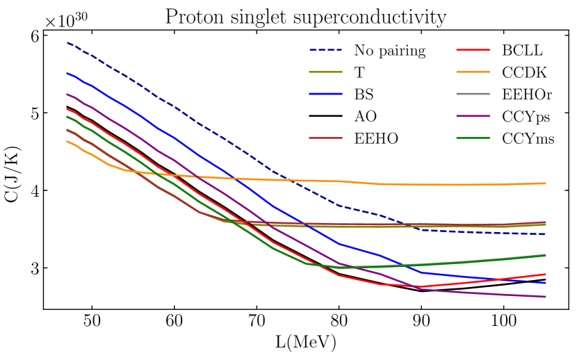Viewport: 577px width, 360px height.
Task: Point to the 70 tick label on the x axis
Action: point(257,324)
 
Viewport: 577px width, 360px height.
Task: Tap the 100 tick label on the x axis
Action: point(503,324)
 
